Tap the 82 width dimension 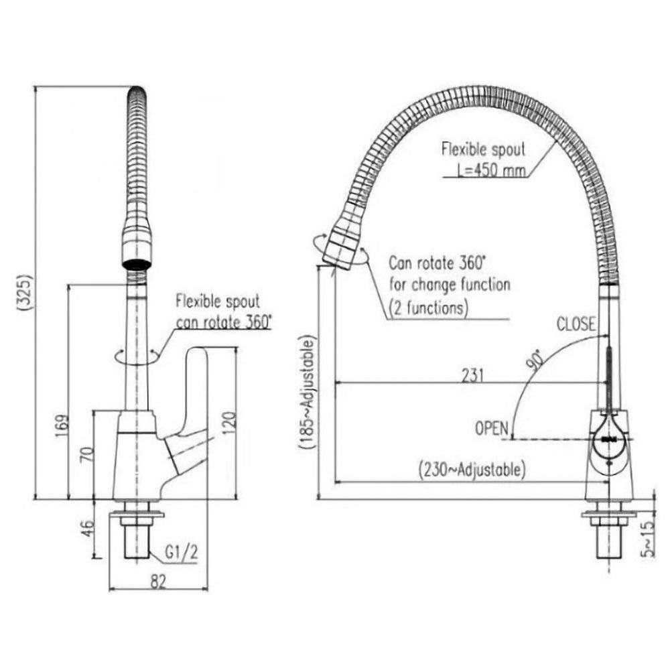click(x=157, y=582)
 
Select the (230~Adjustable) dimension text click(x=471, y=470)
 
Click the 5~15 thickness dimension click(x=647, y=540)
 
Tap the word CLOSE click(x=576, y=325)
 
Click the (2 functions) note click(x=427, y=308)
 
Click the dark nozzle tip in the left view click(x=137, y=263)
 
